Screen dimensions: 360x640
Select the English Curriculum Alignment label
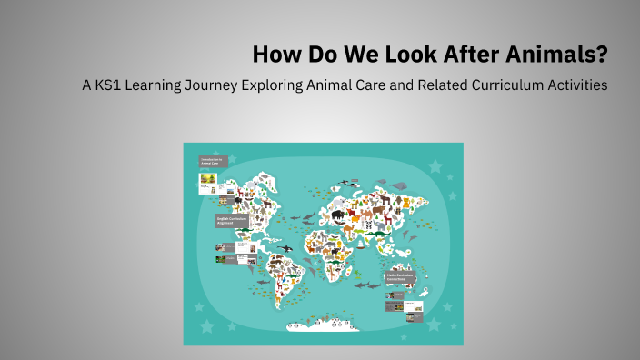pyautogui.click(x=228, y=221)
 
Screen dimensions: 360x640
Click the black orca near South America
pyautogui.click(x=285, y=247)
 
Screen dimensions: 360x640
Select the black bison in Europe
pyautogui.click(x=338, y=215)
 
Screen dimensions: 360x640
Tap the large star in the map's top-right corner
pyautogui.click(x=435, y=166)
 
